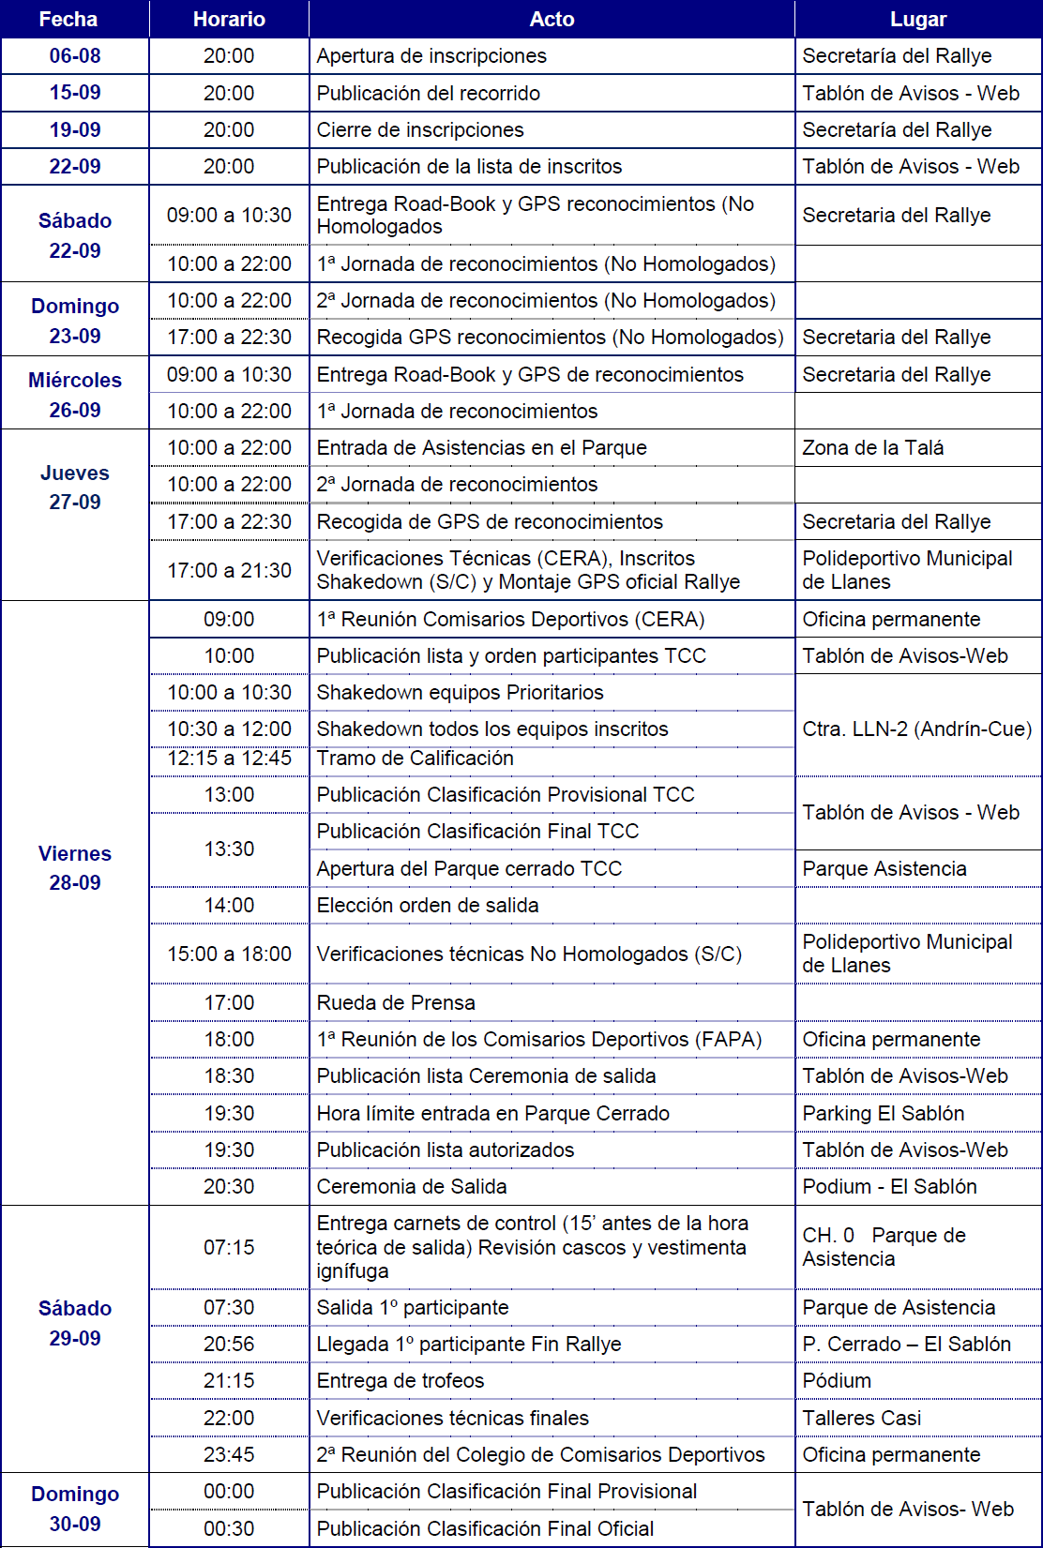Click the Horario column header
tap(229, 19)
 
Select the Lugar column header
tap(917, 19)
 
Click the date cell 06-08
tap(75, 56)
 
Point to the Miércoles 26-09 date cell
tap(75, 394)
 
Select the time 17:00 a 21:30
tap(229, 570)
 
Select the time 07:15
tap(229, 1247)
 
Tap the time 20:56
tap(229, 1344)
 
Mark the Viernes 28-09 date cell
tap(75, 867)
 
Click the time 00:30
tap(229, 1528)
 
